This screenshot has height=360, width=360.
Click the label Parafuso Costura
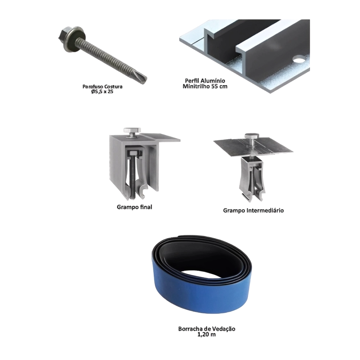pyautogui.click(x=103, y=87)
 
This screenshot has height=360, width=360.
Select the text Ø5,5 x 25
pyautogui.click(x=103, y=92)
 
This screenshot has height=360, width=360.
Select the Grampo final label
pyautogui.click(x=134, y=207)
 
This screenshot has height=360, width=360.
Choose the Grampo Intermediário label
pyautogui.click(x=254, y=211)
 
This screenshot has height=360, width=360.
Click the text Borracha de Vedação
pyautogui.click(x=207, y=329)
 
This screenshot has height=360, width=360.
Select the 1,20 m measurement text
pyautogui.click(x=207, y=334)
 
